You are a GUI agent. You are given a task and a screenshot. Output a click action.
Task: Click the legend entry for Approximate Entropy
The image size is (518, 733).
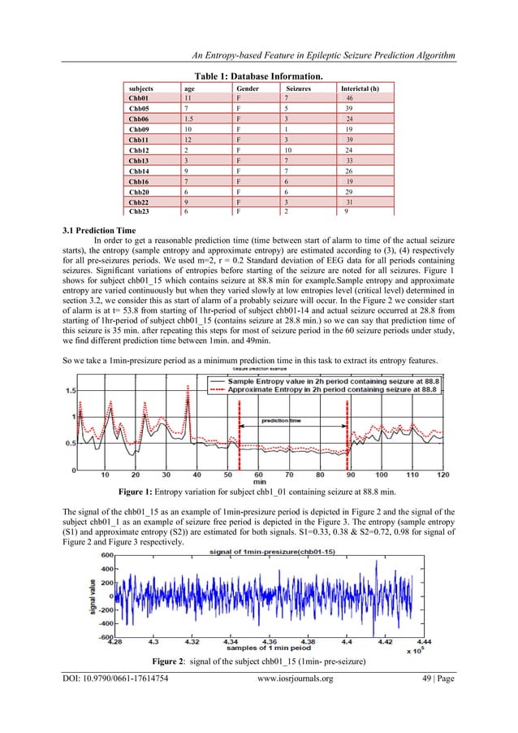(x=334, y=390)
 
